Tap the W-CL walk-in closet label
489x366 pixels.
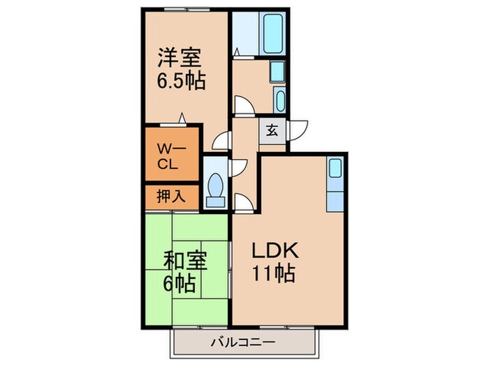(170, 156)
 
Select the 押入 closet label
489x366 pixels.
(169, 197)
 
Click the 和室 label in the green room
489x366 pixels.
(184, 264)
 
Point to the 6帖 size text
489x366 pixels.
(181, 284)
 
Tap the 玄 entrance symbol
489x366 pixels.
(272, 130)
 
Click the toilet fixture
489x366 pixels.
(216, 188)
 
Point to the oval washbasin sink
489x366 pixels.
(280, 100)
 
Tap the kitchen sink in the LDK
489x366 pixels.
(335, 168)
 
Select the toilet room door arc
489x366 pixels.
(239, 166)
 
